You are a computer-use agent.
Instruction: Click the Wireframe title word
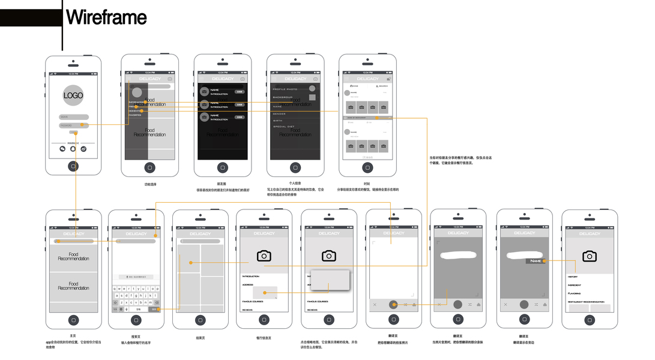pyautogui.click(x=106, y=17)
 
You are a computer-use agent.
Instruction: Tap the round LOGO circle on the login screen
pyautogui.click(x=73, y=95)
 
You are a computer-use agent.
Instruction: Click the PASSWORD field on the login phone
pyautogui.click(x=73, y=125)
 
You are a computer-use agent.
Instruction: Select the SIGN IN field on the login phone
pyautogui.click(x=73, y=117)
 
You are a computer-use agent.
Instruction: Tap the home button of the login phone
pyautogui.click(x=73, y=167)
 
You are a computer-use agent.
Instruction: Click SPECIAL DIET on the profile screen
pyautogui.click(x=284, y=127)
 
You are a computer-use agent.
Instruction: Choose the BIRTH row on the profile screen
pyautogui.click(x=277, y=121)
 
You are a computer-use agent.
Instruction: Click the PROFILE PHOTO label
pyautogui.click(x=285, y=89)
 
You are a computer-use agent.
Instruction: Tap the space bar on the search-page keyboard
pyautogui.click(x=137, y=310)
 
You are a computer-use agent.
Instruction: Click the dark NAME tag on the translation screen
pyautogui.click(x=536, y=261)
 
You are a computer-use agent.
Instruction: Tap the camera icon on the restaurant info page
pyautogui.click(x=264, y=256)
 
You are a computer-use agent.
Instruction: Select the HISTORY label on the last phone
pyautogui.click(x=573, y=277)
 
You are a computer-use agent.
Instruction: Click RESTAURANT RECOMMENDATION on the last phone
pyautogui.click(x=586, y=302)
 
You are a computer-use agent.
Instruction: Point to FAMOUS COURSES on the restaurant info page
pyautogui.click(x=253, y=301)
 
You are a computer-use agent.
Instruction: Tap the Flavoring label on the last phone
pyautogui.click(x=574, y=293)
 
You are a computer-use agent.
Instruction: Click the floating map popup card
pyautogui.click(x=330, y=280)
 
